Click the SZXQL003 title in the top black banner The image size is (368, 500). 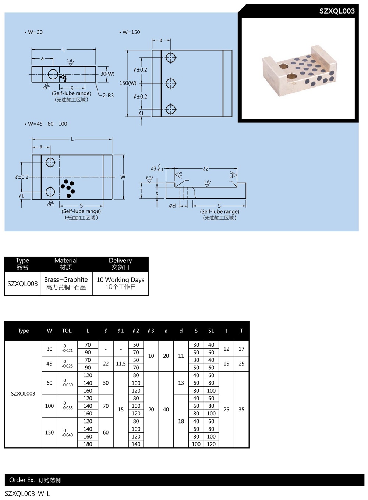tap(337, 11)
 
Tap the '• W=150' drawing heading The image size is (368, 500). tap(130, 32)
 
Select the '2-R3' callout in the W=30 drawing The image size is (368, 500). tap(108, 95)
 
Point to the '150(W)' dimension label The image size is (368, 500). tap(128, 83)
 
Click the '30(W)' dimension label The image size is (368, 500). tap(107, 74)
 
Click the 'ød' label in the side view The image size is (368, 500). tap(172, 206)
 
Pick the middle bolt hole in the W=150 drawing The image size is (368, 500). tap(170, 83)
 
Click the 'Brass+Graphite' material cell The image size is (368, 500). tap(66, 283)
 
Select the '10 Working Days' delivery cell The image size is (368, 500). tap(120, 283)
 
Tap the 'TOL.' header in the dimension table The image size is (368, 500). tap(67, 331)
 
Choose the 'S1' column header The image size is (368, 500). tap(211, 331)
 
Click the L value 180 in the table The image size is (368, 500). tap(88, 444)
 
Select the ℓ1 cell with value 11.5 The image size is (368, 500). tap(121, 364)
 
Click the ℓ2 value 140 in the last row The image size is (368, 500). tap(136, 444)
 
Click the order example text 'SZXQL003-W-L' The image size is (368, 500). tap(27, 493)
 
